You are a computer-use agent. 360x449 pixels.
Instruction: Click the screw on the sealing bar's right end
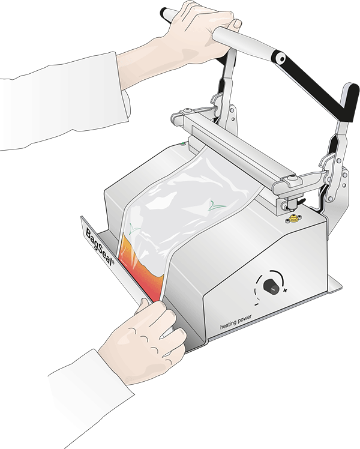pyautogui.click(x=291, y=178)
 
